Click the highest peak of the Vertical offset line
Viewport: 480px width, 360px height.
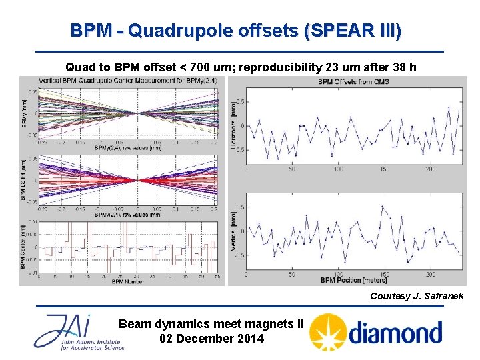click(382, 207)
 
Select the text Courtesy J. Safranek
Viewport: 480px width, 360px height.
click(416, 295)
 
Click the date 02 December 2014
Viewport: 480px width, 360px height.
click(211, 339)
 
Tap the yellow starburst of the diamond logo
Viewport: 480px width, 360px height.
click(328, 331)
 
